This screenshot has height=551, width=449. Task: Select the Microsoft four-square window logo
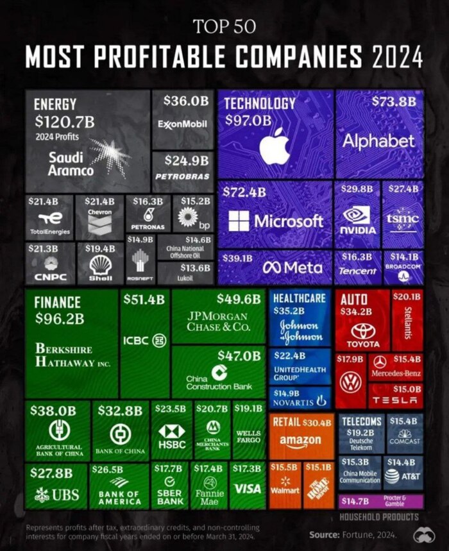point(239,221)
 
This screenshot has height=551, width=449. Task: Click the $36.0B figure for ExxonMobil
point(186,101)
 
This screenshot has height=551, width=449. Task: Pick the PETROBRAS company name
point(183,174)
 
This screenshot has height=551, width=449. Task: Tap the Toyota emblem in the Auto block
point(362,331)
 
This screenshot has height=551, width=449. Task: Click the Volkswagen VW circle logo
point(350,383)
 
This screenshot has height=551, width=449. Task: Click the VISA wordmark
point(248,489)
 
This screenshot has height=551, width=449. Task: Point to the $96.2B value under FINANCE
point(60,318)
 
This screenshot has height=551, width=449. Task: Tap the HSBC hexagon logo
point(171,431)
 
